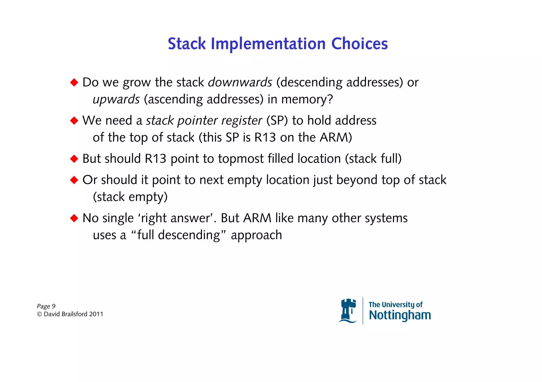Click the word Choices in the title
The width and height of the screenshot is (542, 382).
point(359,44)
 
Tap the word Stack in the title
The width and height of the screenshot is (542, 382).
point(187,44)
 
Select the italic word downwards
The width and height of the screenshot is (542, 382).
point(240,82)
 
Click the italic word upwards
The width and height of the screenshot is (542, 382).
point(116,99)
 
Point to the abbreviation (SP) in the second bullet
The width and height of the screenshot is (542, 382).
point(277,121)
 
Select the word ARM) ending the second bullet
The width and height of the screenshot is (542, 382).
point(336,137)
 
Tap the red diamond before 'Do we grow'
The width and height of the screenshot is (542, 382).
point(74,82)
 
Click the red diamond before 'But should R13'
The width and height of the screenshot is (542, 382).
point(74,159)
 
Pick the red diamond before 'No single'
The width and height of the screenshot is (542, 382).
point(74,218)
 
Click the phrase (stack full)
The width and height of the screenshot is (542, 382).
point(373,159)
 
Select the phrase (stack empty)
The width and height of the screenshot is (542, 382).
point(130,197)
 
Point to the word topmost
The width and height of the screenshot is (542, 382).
point(241,159)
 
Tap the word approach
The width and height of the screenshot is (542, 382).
point(256,235)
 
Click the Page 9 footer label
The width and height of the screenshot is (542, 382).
point(46,306)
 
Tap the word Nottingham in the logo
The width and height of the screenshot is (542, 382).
point(400,315)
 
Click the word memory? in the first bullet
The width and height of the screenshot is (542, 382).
point(307,99)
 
